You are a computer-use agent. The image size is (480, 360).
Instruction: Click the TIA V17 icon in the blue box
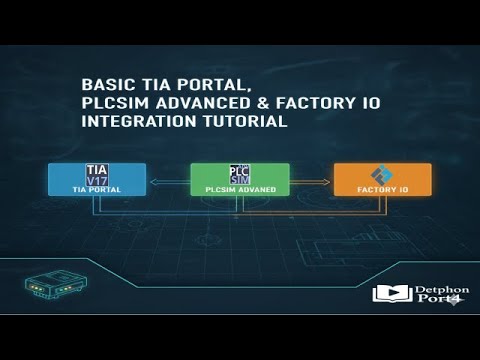97,174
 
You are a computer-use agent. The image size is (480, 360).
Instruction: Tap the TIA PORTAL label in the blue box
97,188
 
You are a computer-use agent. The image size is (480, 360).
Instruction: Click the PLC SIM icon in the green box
239,174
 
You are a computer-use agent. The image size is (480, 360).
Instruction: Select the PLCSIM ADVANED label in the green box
239,189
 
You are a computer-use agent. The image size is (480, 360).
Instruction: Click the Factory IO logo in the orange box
383,174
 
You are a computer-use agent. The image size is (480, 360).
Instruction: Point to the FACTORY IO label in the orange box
383,189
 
